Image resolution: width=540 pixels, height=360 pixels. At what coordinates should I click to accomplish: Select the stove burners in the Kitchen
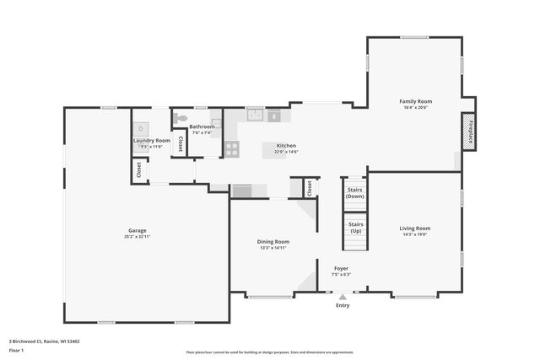tap(231, 149)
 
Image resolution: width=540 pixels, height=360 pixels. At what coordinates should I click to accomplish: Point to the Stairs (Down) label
tap(355, 192)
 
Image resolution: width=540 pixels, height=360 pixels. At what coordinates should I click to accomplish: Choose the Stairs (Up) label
tap(355, 227)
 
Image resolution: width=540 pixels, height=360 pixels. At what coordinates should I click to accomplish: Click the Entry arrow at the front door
tap(342, 297)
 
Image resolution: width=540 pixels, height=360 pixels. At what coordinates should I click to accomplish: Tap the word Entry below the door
tap(342, 305)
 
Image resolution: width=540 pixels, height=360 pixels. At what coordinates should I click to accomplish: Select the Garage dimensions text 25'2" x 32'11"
tap(138, 237)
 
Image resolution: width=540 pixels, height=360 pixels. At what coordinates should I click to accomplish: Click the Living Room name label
tap(414, 228)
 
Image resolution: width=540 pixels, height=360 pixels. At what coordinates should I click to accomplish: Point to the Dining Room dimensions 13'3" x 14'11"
tap(273, 248)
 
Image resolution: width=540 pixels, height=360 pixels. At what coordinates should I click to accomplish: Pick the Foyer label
tap(340, 268)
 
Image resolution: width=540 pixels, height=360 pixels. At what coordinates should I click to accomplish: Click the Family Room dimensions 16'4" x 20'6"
tap(415, 108)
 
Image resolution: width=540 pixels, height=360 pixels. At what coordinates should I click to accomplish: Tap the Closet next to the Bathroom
tap(180, 144)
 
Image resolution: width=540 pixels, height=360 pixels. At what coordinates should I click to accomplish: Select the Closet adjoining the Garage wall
tap(138, 169)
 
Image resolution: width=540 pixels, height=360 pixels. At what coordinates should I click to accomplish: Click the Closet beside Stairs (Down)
tap(310, 188)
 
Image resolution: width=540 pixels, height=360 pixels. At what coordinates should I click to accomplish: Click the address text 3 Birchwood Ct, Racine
tap(44, 341)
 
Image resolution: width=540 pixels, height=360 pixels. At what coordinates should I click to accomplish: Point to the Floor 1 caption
tap(17, 349)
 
